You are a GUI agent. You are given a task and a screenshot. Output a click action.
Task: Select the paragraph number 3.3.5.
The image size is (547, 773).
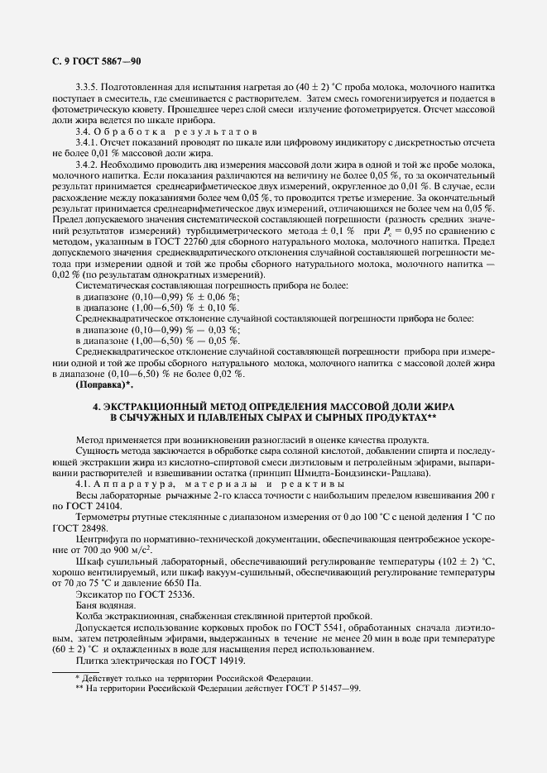tap(88, 87)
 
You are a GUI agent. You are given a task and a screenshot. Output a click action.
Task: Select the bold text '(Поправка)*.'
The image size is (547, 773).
tap(103, 385)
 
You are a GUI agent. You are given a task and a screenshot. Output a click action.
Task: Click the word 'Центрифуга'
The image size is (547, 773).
tap(102, 537)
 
